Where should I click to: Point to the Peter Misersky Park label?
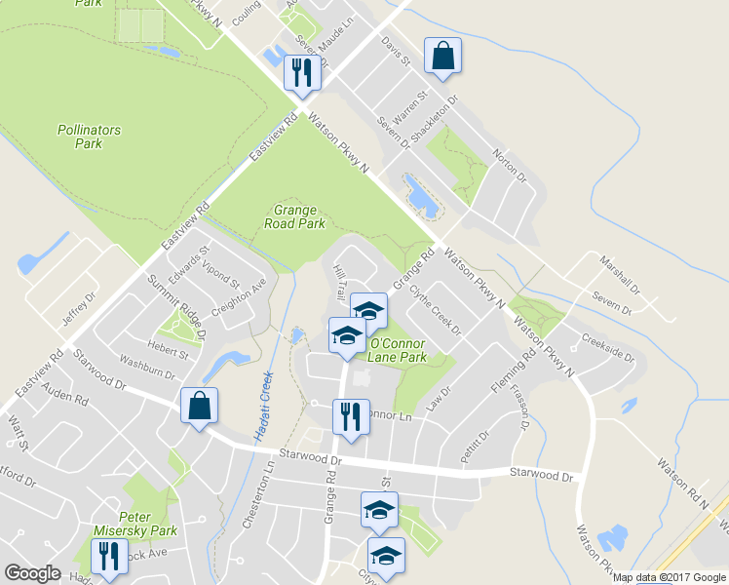(x=147, y=525)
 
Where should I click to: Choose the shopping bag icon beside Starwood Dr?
(x=198, y=407)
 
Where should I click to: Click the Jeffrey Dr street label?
(x=79, y=309)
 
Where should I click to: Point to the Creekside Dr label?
(x=607, y=348)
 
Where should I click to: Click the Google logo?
(x=33, y=572)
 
